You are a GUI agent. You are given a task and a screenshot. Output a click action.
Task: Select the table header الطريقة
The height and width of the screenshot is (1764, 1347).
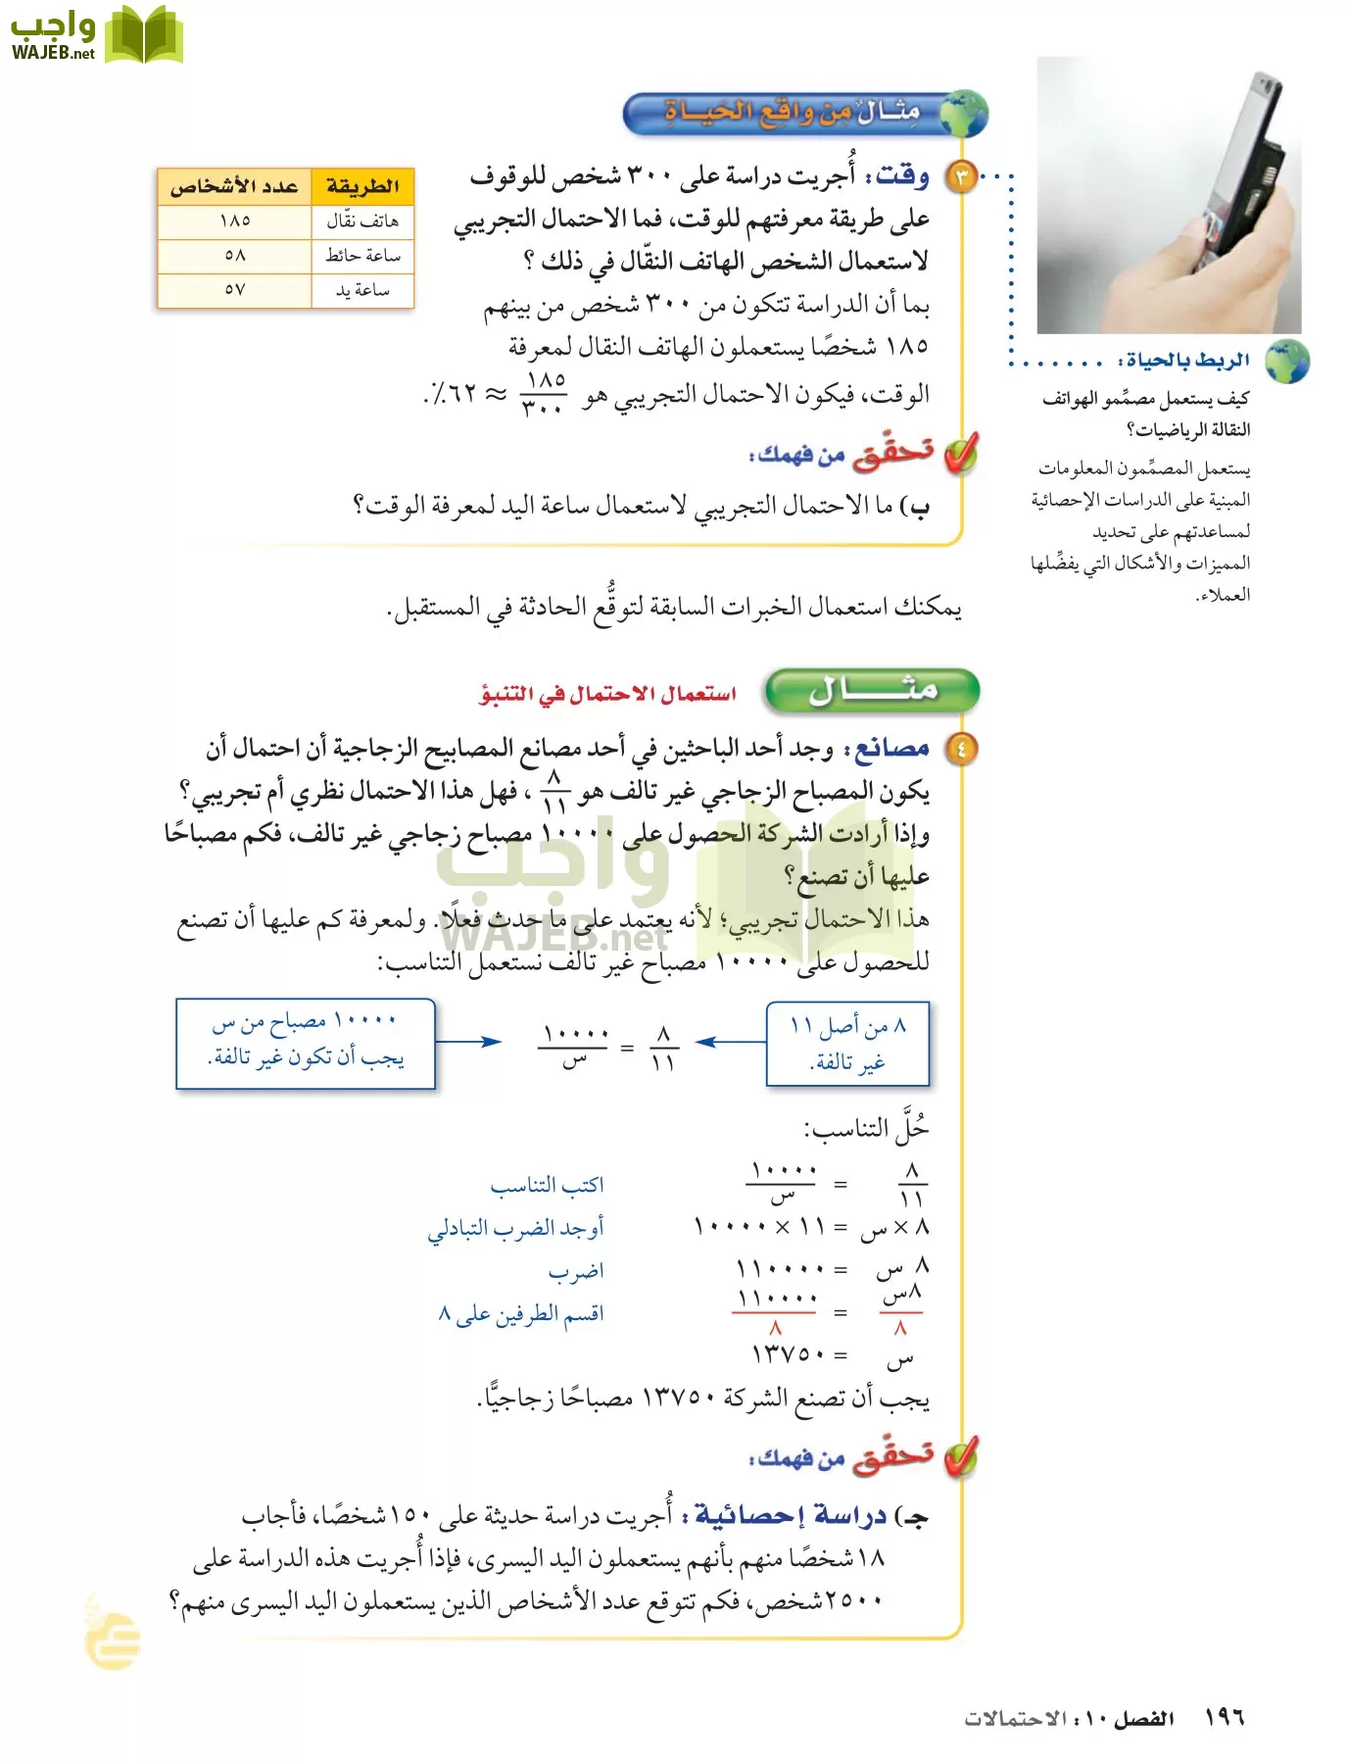pyautogui.click(x=362, y=186)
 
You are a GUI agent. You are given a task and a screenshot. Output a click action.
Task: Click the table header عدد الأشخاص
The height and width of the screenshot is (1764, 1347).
pyautogui.click(x=234, y=186)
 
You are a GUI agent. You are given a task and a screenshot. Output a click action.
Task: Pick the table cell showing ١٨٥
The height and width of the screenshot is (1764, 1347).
pyautogui.click(x=235, y=221)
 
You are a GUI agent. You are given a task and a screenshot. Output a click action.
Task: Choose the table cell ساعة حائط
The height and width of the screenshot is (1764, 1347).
pyautogui.click(x=362, y=256)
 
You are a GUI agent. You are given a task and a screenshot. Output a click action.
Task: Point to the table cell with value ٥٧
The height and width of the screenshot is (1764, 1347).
pyautogui.click(x=235, y=290)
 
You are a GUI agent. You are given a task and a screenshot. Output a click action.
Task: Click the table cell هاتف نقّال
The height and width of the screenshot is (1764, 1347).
pyautogui.click(x=362, y=221)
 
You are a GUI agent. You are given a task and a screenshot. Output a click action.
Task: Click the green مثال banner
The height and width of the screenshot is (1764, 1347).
pyautogui.click(x=872, y=691)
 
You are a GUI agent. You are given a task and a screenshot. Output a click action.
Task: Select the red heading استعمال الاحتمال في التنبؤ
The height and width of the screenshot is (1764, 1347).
pyautogui.click(x=607, y=694)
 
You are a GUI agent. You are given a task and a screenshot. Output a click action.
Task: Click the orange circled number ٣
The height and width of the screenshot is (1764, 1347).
pyautogui.click(x=961, y=177)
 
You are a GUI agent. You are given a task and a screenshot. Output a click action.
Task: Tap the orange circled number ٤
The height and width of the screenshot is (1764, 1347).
pyautogui.click(x=961, y=750)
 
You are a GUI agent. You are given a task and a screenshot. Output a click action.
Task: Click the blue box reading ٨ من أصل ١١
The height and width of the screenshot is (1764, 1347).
pyautogui.click(x=847, y=1044)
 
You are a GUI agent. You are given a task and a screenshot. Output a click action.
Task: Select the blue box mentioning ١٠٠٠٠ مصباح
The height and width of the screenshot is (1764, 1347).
pyautogui.click(x=305, y=1044)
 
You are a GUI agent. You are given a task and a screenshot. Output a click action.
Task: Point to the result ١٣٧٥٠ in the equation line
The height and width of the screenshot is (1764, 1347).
pyautogui.click(x=788, y=1354)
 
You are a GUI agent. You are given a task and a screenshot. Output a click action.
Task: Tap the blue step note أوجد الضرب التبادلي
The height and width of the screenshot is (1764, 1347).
pyautogui.click(x=515, y=1228)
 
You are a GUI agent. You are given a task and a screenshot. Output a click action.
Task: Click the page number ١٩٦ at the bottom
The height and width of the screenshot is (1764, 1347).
pyautogui.click(x=1224, y=1717)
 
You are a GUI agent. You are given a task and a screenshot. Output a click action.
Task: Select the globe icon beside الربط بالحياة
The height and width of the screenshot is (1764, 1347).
pyautogui.click(x=1286, y=362)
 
